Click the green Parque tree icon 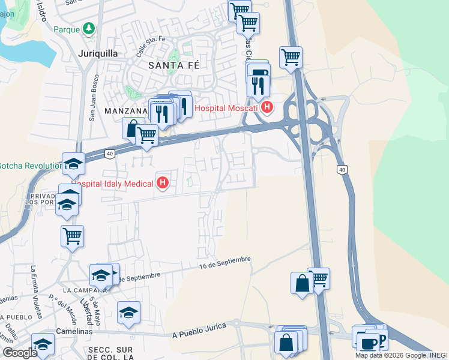coord(89,28)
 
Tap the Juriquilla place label coord(97,53)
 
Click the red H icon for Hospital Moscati coord(267,108)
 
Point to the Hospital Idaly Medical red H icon coord(162,183)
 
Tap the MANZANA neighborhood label coord(125,111)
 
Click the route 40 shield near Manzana coord(109,154)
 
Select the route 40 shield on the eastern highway coord(342,170)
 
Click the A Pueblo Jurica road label coord(199,330)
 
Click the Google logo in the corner coord(20,352)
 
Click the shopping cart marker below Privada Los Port coord(72,236)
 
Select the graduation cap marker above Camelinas coord(128,313)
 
